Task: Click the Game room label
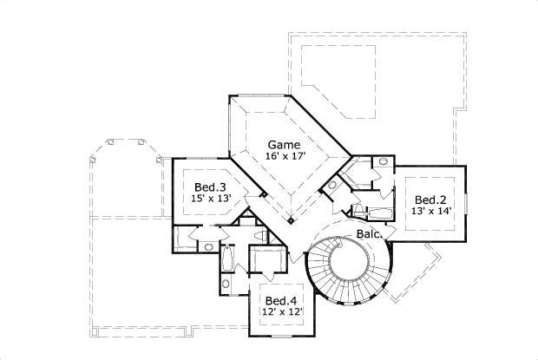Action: (x=283, y=144)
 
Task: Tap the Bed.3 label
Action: (x=210, y=187)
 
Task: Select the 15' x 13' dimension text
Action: (x=210, y=199)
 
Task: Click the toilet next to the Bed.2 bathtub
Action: (x=358, y=209)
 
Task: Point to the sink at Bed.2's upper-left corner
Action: (x=383, y=162)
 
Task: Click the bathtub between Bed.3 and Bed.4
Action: (x=228, y=259)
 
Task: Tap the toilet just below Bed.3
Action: (x=208, y=246)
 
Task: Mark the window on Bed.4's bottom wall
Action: (x=279, y=334)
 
